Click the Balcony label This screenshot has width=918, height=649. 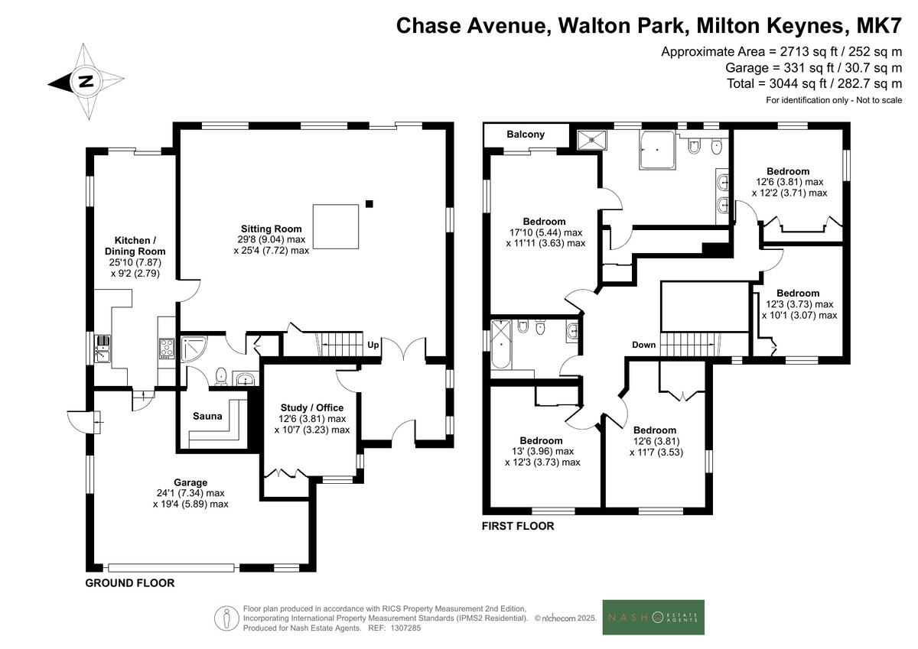click(x=526, y=135)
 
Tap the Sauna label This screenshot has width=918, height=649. click(x=207, y=417)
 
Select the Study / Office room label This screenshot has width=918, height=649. click(x=312, y=407)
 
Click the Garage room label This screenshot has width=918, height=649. click(x=190, y=482)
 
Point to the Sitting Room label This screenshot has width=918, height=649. click(x=272, y=229)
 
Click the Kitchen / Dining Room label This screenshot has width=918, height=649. click(x=135, y=245)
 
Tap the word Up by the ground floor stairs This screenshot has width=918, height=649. click(x=373, y=344)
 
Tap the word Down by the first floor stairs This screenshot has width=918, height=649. click(x=643, y=345)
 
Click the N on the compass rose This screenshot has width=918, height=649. click(x=86, y=82)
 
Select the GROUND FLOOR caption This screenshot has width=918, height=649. click(x=130, y=583)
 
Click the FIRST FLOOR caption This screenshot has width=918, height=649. click(x=518, y=526)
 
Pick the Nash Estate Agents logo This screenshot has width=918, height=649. click(x=653, y=617)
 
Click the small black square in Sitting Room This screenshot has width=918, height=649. click(x=369, y=203)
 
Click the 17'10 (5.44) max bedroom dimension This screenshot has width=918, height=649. click(x=545, y=232)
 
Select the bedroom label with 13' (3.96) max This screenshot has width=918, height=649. click(x=541, y=451)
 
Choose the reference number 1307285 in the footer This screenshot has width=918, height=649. click(x=405, y=628)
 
